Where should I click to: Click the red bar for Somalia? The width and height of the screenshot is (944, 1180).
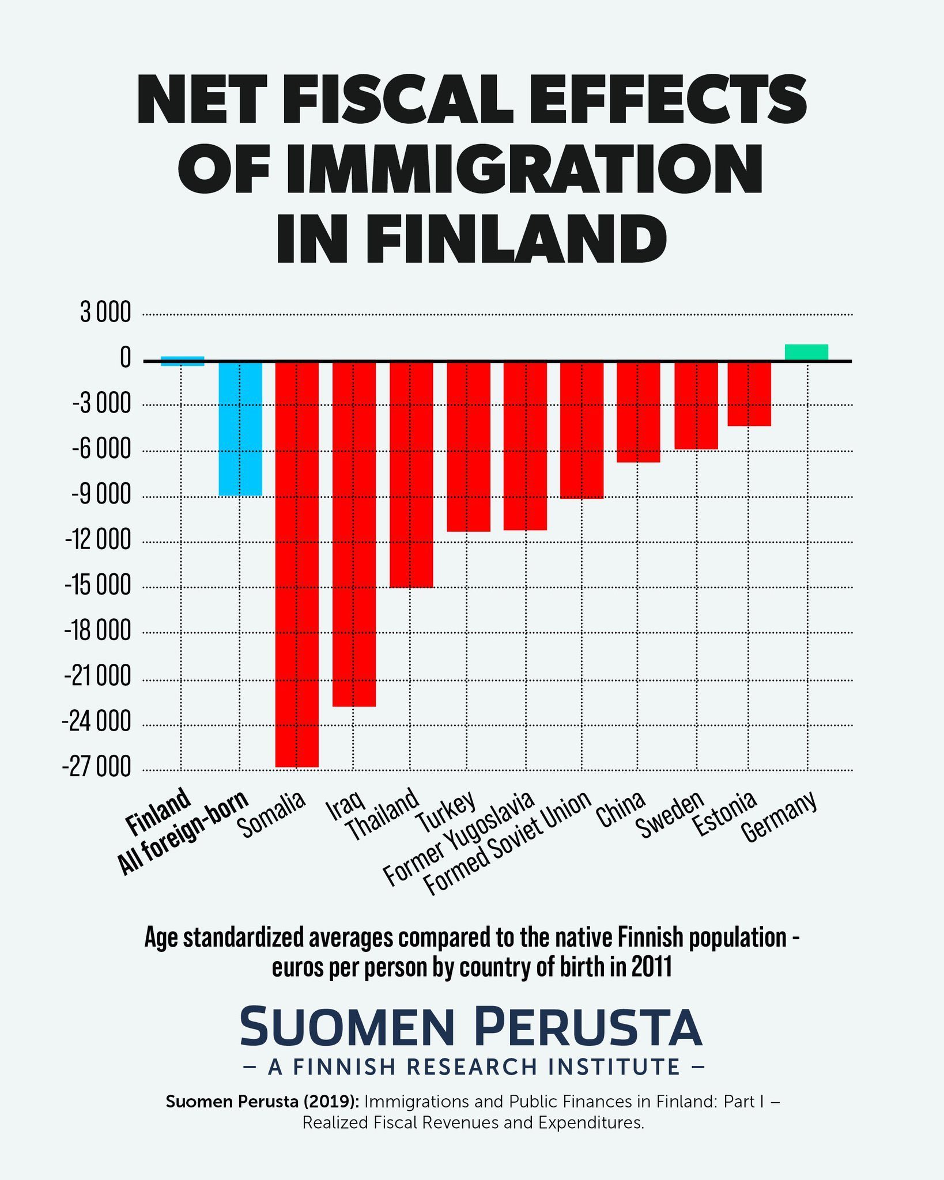point(297,564)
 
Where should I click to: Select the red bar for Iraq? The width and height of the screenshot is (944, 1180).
point(354,534)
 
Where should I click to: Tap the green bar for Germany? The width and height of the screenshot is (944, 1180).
point(806,353)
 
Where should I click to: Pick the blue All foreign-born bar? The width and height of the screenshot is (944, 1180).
point(240,428)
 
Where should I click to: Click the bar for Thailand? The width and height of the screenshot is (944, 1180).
point(411,474)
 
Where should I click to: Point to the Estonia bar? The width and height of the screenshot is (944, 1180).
point(749,394)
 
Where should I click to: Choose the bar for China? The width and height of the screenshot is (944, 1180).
point(639,412)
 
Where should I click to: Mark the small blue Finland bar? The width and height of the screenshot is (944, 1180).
point(182,361)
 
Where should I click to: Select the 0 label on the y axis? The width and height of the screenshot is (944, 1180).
point(126,360)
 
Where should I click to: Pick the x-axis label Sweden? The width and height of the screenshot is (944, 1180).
point(670,815)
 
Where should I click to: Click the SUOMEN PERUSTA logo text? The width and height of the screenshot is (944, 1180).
point(471,1026)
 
